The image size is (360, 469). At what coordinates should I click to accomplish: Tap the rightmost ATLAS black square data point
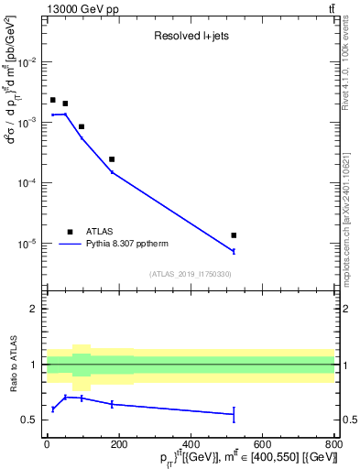234,235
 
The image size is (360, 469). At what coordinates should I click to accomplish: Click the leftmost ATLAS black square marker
53,100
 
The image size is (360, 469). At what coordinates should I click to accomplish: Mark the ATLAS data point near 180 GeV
112,159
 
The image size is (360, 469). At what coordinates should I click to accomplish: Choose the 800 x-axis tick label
334,445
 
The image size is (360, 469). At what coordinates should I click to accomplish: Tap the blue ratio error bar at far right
234,414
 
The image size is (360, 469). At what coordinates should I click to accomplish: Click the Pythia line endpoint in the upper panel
234,251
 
